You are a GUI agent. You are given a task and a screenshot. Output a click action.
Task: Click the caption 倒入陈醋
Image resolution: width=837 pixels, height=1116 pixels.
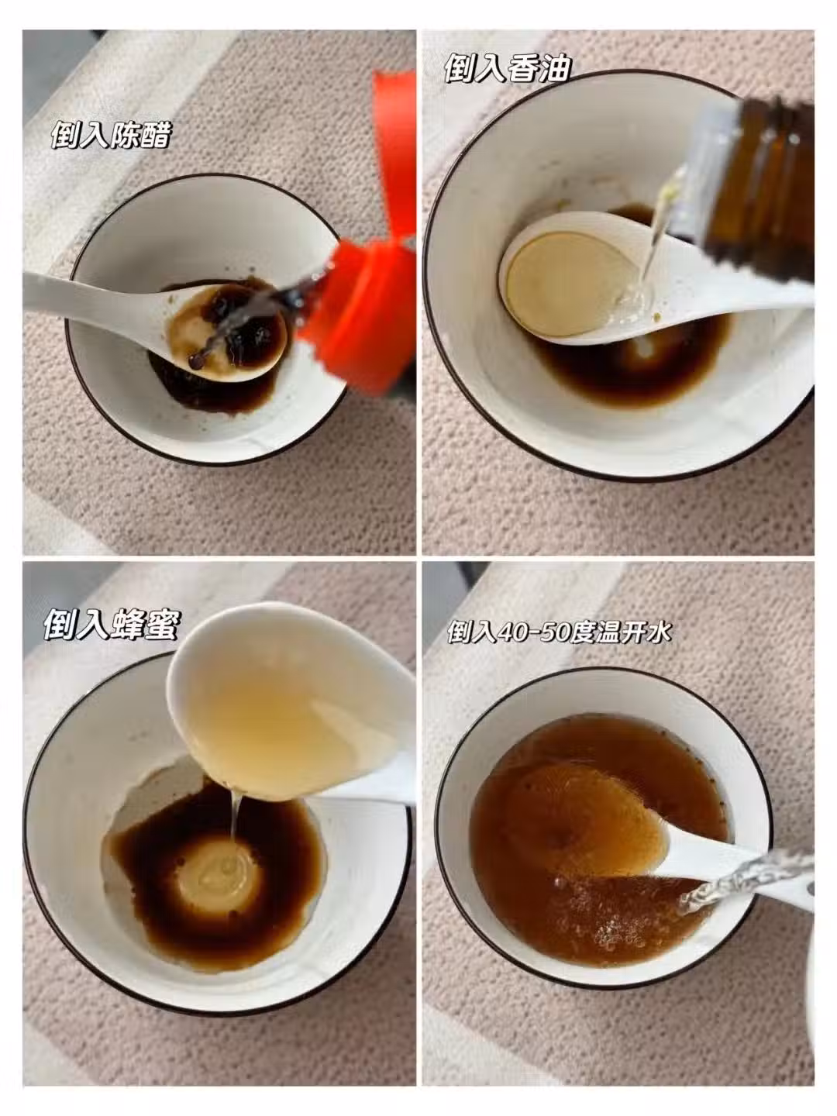[112, 134]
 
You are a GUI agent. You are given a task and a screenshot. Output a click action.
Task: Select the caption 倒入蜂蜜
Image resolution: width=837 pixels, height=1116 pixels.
[112, 625]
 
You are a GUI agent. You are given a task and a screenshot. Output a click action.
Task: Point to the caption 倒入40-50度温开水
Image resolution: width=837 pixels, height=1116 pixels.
[559, 632]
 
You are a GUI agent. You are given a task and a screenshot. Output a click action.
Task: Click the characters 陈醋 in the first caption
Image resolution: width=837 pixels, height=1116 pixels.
[141, 134]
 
